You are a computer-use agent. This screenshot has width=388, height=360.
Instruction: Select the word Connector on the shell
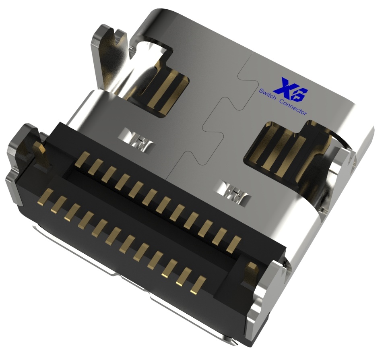[293, 106]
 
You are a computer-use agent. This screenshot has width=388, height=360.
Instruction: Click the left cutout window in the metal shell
[165, 91]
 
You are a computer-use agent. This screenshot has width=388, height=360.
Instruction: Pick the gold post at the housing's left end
[40, 154]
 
